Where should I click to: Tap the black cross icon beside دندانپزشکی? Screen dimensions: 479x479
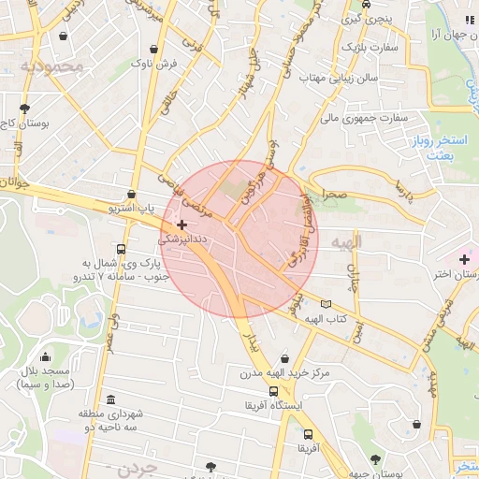coord(181,225)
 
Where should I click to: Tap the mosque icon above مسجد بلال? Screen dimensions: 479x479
coord(45,356)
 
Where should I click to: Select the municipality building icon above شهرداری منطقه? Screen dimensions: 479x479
coord(111,399)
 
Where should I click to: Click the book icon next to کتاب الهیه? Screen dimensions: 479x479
coord(326,303)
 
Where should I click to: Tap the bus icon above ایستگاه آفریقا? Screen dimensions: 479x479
coord(273,391)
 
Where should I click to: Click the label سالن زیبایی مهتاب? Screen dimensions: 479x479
coord(345,78)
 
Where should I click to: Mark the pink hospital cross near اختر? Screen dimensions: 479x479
coord(464,258)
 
